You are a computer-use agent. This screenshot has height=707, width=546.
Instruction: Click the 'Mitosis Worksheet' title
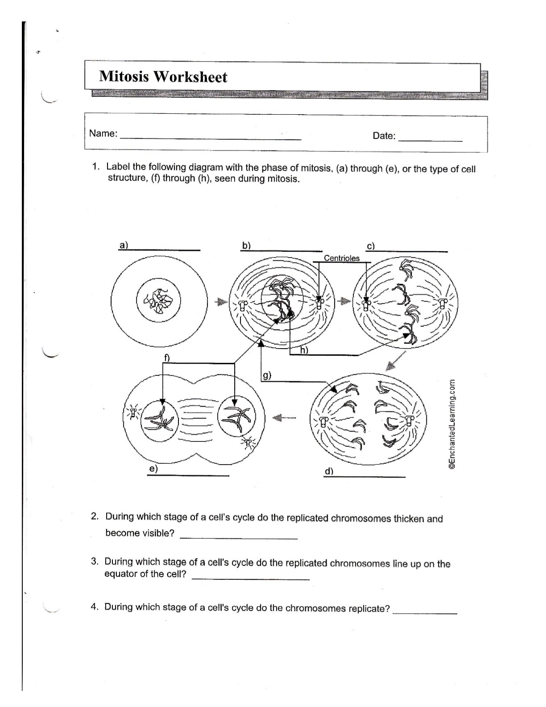(163, 77)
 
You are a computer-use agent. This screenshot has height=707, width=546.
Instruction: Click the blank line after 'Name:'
(211, 138)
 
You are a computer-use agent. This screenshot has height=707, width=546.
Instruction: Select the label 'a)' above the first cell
(123, 245)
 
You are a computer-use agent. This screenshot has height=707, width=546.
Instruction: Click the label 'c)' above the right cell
(371, 246)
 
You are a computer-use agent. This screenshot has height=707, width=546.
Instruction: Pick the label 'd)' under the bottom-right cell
(329, 471)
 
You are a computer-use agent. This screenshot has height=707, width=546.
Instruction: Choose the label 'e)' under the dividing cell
(153, 469)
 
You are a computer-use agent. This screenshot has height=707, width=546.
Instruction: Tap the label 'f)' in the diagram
(167, 357)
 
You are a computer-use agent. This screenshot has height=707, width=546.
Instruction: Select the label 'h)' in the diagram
(304, 350)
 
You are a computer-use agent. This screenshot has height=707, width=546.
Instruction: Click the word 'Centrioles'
(341, 258)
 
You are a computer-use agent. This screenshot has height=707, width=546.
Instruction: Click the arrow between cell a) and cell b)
(219, 302)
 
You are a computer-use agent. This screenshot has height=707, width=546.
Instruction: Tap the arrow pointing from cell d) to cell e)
(284, 418)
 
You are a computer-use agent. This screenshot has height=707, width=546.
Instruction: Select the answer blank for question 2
(239, 537)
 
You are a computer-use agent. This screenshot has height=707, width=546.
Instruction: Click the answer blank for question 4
(425, 613)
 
